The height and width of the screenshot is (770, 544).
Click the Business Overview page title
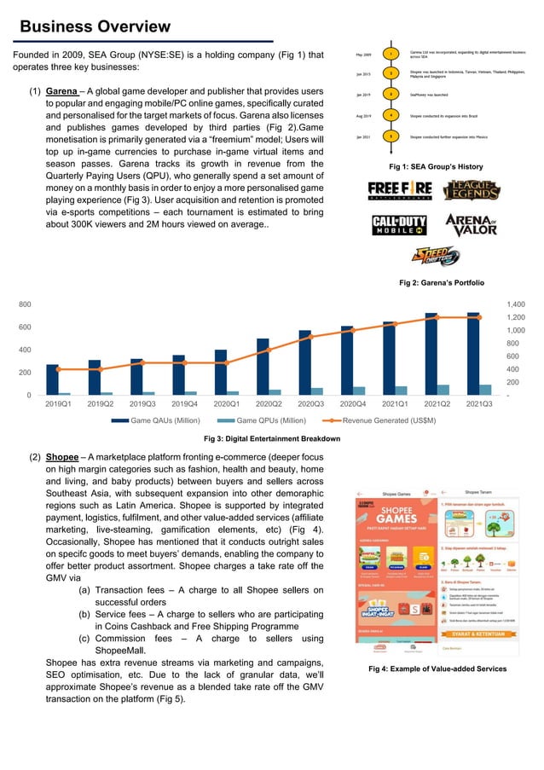95,27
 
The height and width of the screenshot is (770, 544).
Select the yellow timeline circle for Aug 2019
389,114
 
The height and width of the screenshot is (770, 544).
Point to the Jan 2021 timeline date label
363,136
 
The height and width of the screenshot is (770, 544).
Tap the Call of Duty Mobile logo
400,224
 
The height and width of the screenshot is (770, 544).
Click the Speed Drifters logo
436,256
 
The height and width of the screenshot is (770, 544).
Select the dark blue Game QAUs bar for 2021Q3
472,353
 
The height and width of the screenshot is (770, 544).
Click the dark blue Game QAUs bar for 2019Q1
53,379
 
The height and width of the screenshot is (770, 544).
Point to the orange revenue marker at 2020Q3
312,337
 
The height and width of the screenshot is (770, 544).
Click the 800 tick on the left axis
26,304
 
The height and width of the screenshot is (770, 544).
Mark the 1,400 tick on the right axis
517,304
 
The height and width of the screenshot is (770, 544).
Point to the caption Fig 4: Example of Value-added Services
437,669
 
